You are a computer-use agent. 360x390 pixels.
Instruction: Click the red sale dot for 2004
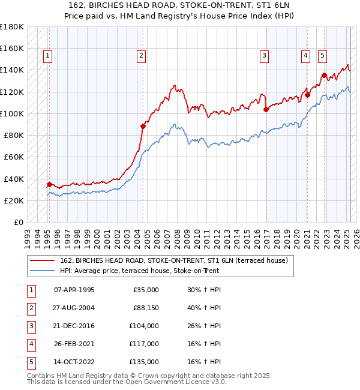click(143, 126)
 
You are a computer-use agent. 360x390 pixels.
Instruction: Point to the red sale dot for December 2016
click(266, 109)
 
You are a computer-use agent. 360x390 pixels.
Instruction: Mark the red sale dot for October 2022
click(324, 75)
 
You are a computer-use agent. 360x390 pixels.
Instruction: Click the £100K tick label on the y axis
click(12, 113)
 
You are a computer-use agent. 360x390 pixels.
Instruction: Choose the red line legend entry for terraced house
click(174, 260)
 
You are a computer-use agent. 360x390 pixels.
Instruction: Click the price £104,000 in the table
click(145, 326)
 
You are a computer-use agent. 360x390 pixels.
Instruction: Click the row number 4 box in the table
click(31, 344)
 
